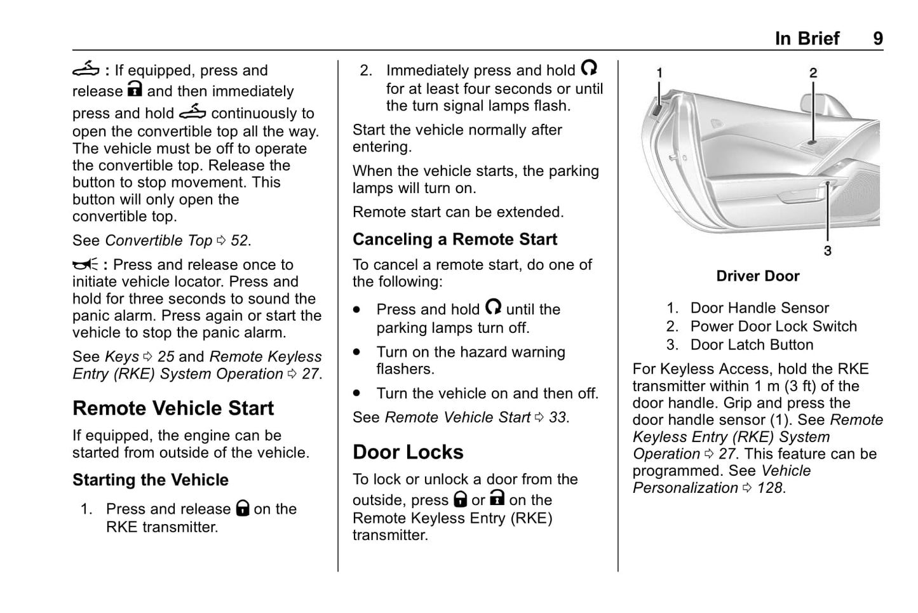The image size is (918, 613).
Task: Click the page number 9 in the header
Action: tap(877, 39)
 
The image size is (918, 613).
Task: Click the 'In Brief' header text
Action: tap(807, 39)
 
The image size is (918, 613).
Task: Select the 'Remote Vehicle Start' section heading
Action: tap(173, 408)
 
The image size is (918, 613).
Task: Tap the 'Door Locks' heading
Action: tap(408, 452)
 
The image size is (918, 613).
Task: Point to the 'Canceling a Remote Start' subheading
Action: tap(454, 239)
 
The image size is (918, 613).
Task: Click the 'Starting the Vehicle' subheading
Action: tap(151, 480)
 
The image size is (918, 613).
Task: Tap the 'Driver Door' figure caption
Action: tap(757, 276)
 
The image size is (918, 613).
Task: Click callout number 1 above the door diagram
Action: tap(659, 73)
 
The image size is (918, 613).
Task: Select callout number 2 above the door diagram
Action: tap(813, 73)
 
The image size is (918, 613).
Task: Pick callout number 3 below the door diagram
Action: tap(827, 251)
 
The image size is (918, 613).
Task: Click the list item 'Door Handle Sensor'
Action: tap(759, 308)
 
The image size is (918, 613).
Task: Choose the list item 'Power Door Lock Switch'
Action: tap(773, 327)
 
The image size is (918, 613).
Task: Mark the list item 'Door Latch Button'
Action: tap(752, 345)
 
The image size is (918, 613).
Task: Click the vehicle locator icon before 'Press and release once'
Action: tap(85, 265)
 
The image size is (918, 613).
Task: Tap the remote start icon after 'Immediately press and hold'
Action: tap(589, 68)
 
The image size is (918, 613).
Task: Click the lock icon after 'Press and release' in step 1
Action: tap(243, 508)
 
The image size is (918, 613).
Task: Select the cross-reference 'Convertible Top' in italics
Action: tap(158, 241)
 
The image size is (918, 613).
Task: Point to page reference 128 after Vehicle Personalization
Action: tap(769, 488)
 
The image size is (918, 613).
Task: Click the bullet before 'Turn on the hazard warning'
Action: tap(357, 352)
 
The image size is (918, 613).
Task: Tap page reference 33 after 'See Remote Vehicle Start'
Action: tap(557, 417)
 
